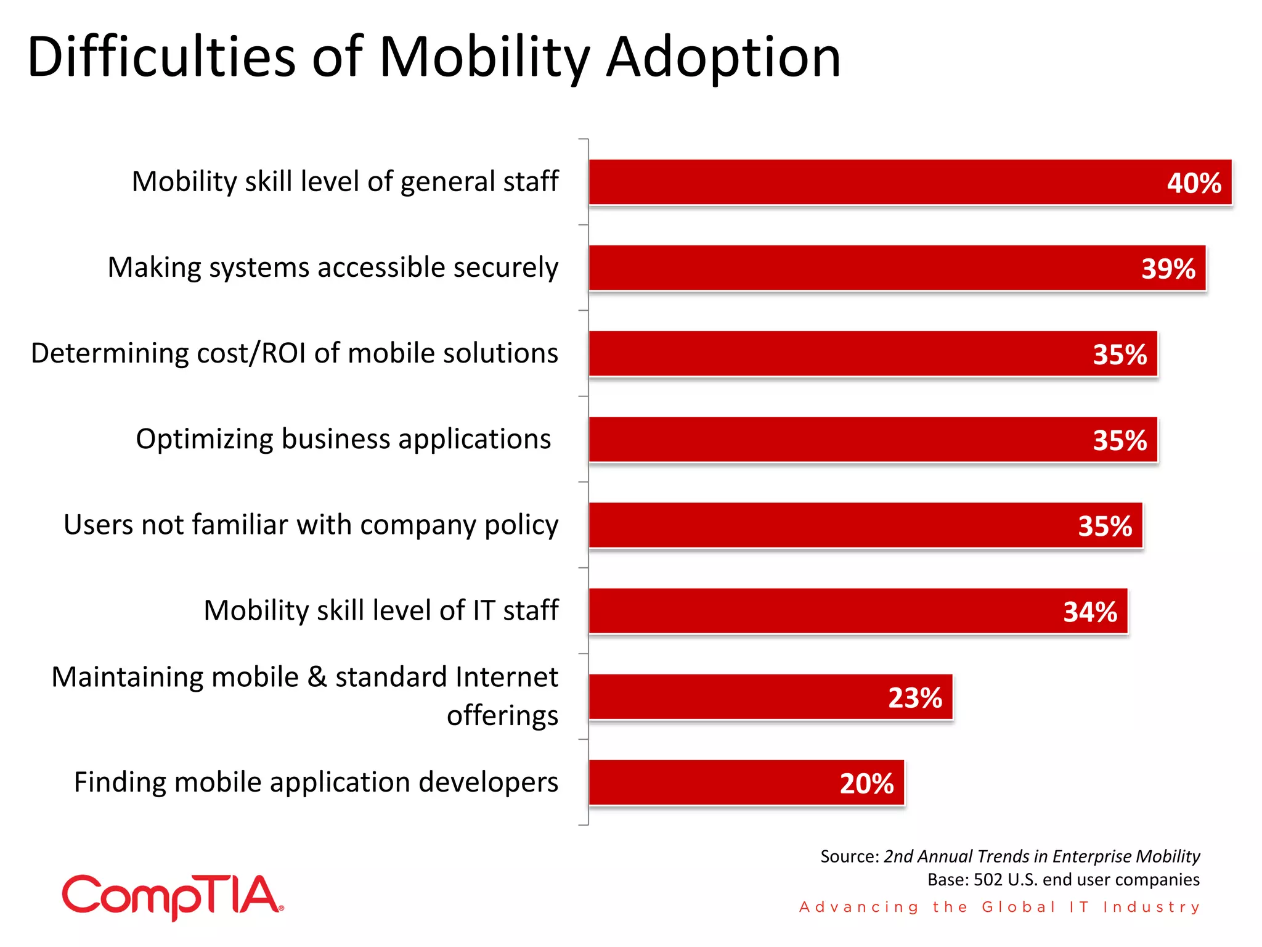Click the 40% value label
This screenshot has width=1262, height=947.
[x=1194, y=183]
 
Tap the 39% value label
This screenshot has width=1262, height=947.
[x=1168, y=269]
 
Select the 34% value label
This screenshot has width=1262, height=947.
[x=1089, y=612]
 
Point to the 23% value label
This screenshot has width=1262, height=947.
[x=914, y=698]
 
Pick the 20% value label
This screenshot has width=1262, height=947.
[x=866, y=784]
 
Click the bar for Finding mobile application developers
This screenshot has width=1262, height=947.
[x=709, y=783]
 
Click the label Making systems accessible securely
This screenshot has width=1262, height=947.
[x=333, y=268]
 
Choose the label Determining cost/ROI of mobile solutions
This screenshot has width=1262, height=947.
[x=295, y=353]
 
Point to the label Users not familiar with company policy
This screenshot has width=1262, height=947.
[x=311, y=525]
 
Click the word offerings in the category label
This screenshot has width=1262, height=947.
[x=502, y=716]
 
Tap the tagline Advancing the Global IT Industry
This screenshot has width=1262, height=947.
[x=999, y=907]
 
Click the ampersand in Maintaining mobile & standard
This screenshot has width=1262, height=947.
[x=317, y=677]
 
